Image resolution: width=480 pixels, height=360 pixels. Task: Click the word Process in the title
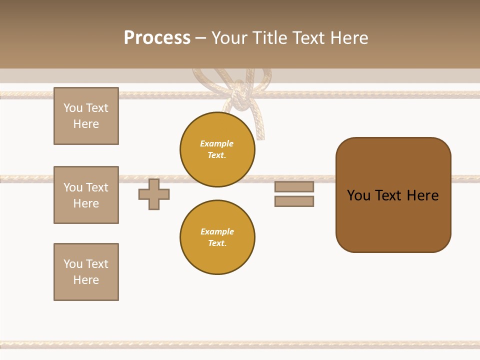[x=157, y=37]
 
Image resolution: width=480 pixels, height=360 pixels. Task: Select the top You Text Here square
[x=86, y=116]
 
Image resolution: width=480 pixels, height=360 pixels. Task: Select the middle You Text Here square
[x=86, y=195]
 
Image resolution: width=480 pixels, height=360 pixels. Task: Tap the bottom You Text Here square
[x=86, y=272]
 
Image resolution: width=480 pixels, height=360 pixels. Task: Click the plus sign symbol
[x=154, y=194]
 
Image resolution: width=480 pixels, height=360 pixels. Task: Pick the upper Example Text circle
[x=217, y=149]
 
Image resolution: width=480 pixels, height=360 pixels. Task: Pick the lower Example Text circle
[x=217, y=237]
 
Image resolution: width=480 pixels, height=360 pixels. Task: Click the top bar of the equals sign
[x=294, y=186]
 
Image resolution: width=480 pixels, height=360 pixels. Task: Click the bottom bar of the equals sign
[x=294, y=201]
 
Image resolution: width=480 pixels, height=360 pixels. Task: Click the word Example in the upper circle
[x=217, y=143]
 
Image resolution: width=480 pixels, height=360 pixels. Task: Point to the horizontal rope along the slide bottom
[x=240, y=344]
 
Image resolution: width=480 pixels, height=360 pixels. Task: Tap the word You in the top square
[x=73, y=108]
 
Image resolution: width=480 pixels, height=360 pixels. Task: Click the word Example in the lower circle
[x=217, y=231]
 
